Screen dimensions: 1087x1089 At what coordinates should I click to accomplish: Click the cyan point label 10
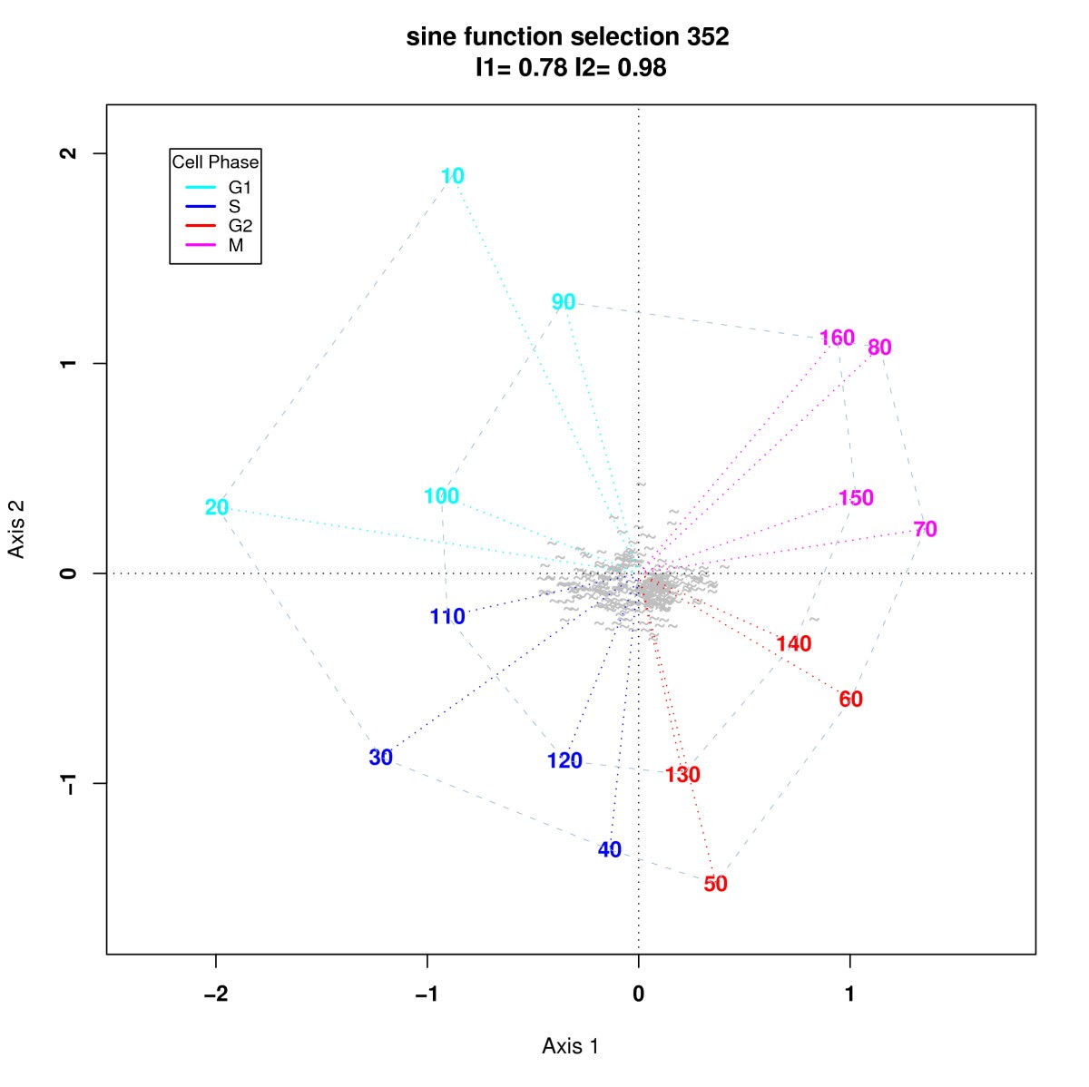click(453, 176)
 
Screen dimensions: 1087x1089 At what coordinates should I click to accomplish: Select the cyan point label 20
click(217, 507)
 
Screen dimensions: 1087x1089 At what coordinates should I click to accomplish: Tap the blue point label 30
click(381, 758)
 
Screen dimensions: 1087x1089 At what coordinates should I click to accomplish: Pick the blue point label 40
click(610, 850)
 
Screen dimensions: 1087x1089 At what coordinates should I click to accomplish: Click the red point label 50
click(715, 884)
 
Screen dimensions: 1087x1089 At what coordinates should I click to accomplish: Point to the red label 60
click(850, 700)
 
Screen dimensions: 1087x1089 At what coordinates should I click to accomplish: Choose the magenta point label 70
click(925, 529)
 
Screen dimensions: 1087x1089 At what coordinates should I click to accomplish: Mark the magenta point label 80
click(879, 348)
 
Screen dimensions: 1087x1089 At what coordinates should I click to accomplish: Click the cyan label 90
click(564, 302)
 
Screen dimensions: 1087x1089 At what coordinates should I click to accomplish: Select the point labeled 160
click(837, 338)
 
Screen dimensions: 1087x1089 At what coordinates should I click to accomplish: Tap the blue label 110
click(447, 617)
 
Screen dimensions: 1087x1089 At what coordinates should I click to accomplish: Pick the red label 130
click(682, 775)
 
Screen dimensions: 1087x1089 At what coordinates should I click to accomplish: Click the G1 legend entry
click(240, 188)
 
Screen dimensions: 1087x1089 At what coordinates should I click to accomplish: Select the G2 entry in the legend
click(240, 226)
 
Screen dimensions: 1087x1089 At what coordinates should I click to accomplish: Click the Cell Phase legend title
click(215, 162)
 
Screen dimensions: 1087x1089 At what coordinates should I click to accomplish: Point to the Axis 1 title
click(570, 1046)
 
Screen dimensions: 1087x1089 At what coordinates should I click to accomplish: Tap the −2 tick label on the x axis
click(215, 994)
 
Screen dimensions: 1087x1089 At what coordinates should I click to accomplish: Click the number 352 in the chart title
click(701, 37)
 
